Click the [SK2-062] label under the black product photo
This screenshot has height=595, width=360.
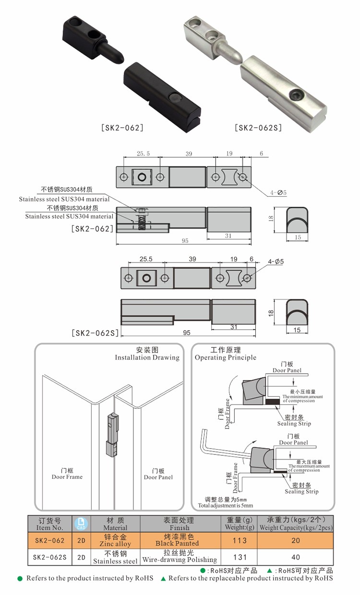coord(122,128)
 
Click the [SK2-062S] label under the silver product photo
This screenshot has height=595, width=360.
coord(258,128)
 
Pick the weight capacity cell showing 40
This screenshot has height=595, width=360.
coord(295,557)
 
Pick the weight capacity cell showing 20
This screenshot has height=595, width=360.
coord(295,540)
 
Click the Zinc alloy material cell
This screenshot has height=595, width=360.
coord(115,540)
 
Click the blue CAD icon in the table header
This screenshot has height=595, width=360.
coord(81,524)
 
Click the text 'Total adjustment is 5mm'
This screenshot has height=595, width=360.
coord(225,505)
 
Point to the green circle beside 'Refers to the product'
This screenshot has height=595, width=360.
coord(20,579)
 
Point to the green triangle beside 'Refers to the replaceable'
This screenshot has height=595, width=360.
coord(163,579)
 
